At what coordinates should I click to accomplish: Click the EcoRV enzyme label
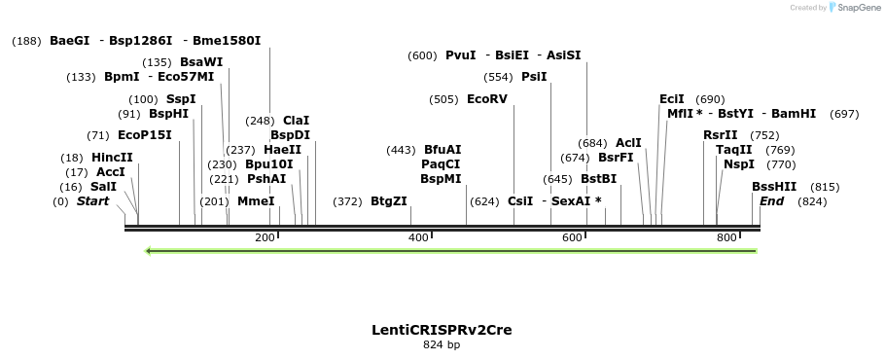tap(487, 99)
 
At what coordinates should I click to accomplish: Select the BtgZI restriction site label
tap(389, 201)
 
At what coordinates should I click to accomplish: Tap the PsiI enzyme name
tap(534, 77)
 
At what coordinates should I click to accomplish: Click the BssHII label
tap(774, 187)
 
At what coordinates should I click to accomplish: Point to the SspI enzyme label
tap(181, 99)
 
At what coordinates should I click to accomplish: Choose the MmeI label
tap(256, 201)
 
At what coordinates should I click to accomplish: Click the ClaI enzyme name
tap(297, 121)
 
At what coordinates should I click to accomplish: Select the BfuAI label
tap(442, 150)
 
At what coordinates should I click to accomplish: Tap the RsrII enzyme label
tap(721, 135)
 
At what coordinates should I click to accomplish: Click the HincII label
tap(112, 158)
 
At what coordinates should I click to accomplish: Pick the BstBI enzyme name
tap(598, 179)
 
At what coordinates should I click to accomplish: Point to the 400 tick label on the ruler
tap(418, 238)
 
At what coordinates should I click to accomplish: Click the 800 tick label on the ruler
tap(726, 238)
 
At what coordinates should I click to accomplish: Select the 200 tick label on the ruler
tap(265, 238)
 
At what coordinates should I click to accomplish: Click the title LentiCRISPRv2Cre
tap(442, 330)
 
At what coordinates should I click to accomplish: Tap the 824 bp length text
tap(442, 344)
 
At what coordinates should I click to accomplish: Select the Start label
tap(93, 201)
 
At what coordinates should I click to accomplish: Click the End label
tap(771, 201)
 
